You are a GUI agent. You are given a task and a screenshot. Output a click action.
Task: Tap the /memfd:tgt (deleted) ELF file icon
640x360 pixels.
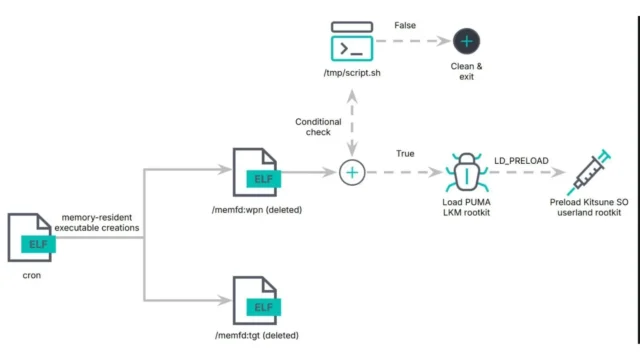coord(256,297)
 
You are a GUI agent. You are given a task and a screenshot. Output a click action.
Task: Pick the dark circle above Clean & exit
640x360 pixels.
coord(467,42)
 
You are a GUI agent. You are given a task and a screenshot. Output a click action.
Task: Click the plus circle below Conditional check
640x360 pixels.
coord(351,173)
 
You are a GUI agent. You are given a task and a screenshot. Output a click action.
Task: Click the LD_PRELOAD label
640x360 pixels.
coord(521,158)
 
